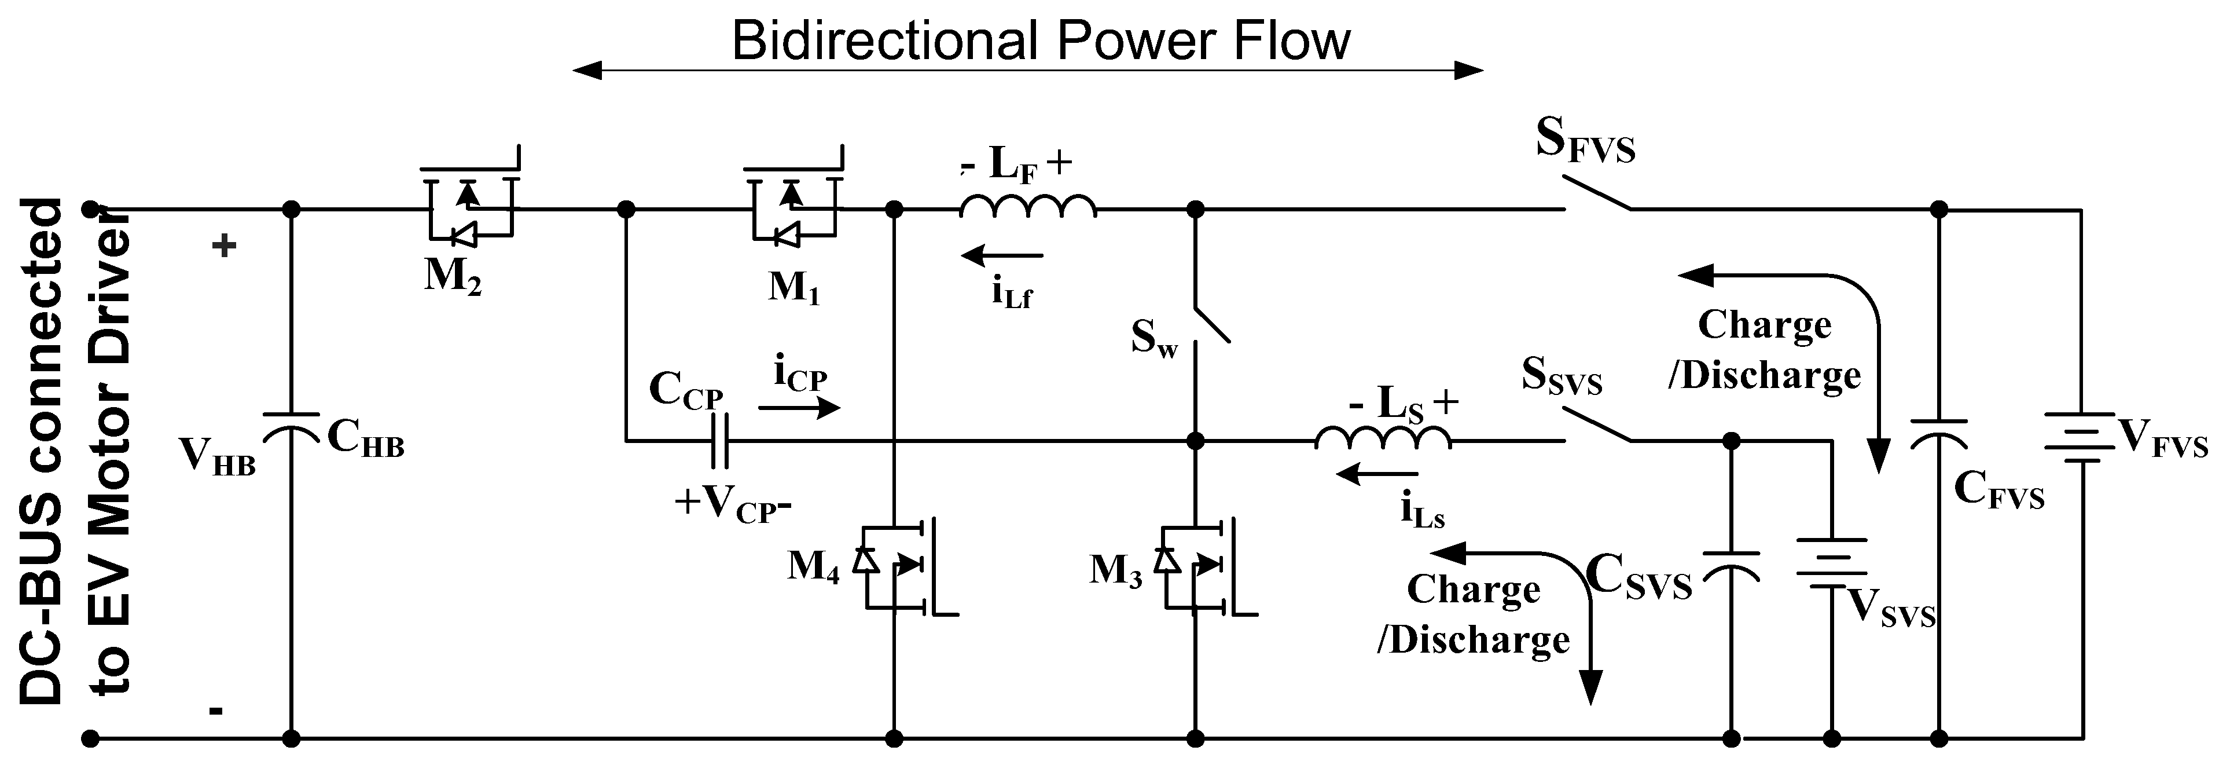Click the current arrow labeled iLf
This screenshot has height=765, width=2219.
coord(1002,256)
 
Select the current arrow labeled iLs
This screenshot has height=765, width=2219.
coord(1376,474)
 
